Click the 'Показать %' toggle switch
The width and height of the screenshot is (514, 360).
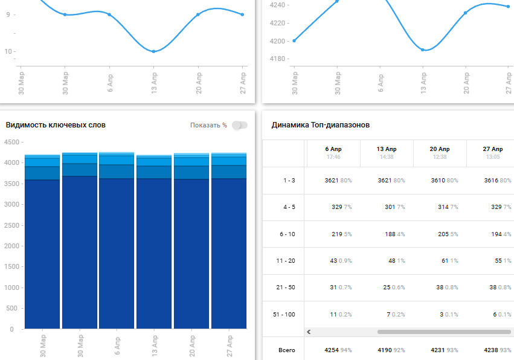click(x=240, y=125)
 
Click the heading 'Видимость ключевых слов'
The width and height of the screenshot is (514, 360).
click(x=56, y=125)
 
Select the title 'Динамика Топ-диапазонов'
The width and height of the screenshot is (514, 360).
click(x=321, y=125)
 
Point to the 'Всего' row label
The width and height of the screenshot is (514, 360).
click(x=286, y=350)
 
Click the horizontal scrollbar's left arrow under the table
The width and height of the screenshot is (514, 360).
click(x=309, y=332)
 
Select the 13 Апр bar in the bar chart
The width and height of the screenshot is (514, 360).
click(x=153, y=242)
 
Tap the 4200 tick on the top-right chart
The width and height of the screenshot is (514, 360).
click(x=278, y=41)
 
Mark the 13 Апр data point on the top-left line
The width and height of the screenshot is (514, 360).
click(x=153, y=51)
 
